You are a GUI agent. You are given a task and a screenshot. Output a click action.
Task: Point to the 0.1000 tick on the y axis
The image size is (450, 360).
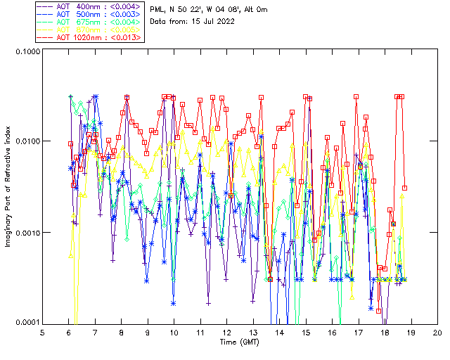pyautogui.click(x=25, y=51)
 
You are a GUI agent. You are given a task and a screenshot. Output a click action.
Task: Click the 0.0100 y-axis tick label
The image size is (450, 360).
pyautogui.click(x=25, y=142)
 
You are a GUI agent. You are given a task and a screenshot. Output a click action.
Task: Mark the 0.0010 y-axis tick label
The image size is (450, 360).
pyautogui.click(x=25, y=233)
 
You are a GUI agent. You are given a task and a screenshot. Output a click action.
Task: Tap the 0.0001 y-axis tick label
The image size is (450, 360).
pyautogui.click(x=25, y=322)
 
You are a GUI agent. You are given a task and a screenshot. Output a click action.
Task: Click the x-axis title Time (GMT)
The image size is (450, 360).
pyautogui.click(x=239, y=342)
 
